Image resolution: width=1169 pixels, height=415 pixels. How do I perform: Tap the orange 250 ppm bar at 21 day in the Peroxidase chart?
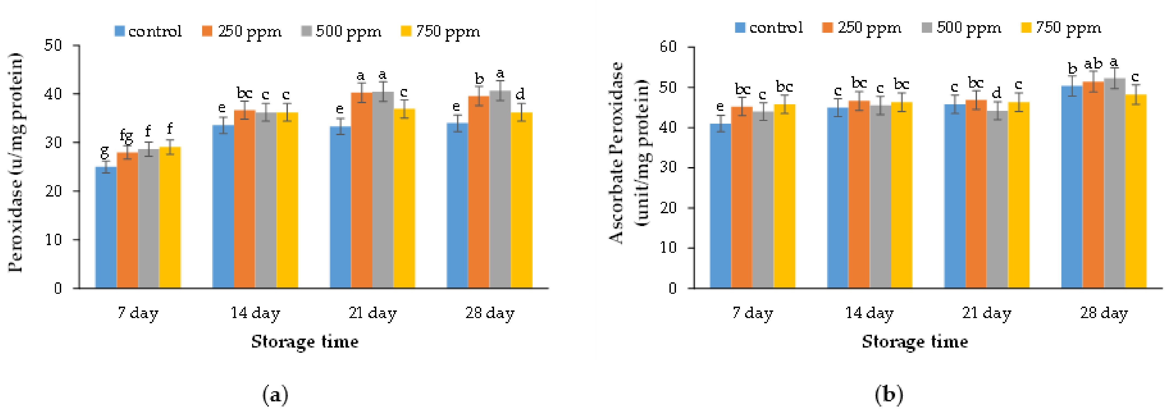361,191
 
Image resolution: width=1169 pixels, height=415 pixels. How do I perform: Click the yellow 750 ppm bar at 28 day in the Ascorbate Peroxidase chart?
1135,191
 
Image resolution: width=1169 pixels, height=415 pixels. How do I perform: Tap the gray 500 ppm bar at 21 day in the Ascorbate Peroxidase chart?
997,200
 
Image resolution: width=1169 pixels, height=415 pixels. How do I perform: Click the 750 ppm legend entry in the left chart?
440,31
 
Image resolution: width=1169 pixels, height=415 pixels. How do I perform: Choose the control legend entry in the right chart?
769,28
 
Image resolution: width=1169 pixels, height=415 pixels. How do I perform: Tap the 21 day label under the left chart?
373,313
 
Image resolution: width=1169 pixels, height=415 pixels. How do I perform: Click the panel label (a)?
275,395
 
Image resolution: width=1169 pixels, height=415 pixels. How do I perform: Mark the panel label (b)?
888,395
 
